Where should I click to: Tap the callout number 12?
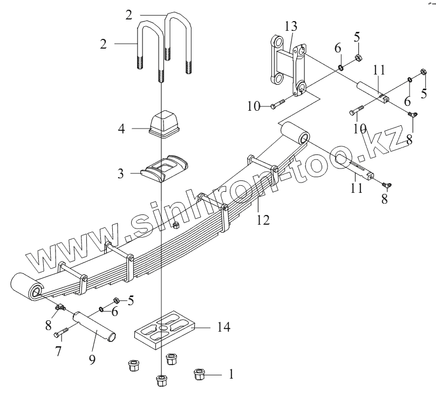(263, 219)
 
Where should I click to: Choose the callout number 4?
(121, 129)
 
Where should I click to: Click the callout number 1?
(231, 373)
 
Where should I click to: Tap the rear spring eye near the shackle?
(294, 133)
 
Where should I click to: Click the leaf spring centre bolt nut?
(175, 224)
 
